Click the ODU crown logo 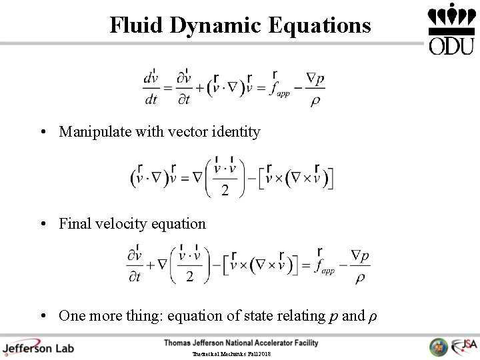coord(451,28)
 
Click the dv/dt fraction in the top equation coord(151,89)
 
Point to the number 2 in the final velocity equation coord(190,277)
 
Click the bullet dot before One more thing coord(41,315)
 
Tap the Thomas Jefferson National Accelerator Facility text coord(241,343)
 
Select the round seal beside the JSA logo coord(439,347)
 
